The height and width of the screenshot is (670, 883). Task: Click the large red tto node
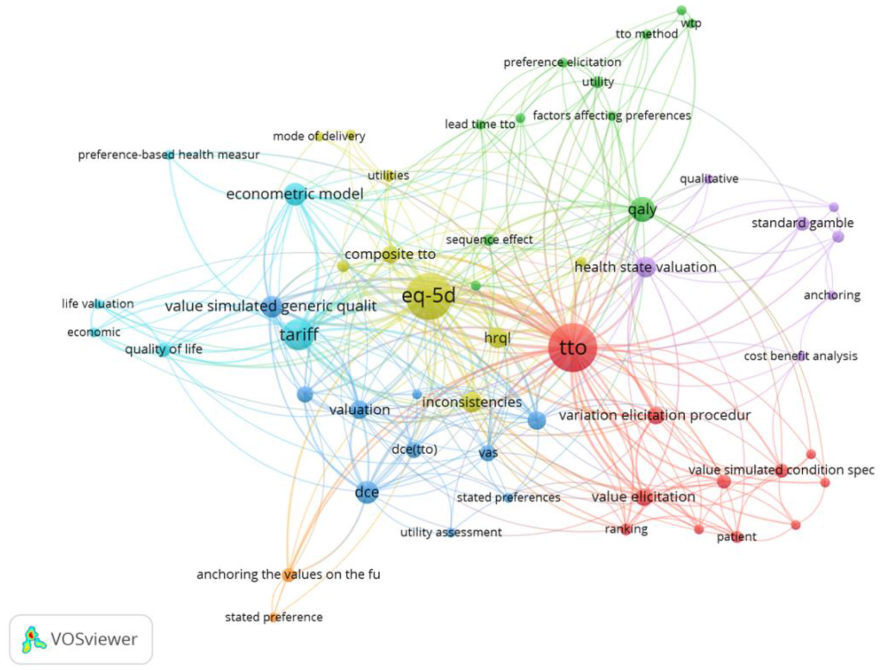coord(573,347)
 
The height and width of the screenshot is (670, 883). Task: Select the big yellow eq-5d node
coord(429,296)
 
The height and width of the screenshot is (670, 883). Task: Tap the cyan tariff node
coord(298,335)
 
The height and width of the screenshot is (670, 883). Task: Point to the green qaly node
coord(642,210)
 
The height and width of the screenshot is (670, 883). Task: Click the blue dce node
coord(367,493)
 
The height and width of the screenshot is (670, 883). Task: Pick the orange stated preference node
coord(273,617)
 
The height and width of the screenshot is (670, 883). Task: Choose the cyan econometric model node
coord(295,194)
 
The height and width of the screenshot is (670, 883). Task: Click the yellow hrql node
coord(497,338)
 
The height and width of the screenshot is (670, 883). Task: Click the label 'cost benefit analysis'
coord(800,356)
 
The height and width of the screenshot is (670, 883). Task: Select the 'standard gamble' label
coord(802,223)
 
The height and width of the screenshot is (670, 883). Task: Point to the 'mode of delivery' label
coord(319,136)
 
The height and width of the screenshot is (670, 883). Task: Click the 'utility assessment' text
coord(451,532)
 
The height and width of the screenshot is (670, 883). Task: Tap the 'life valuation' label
coord(98,304)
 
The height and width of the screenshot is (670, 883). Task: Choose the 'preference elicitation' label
coord(562,62)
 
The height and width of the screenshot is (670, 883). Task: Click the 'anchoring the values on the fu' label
coord(288,574)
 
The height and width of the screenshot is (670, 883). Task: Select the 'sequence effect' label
coord(489,240)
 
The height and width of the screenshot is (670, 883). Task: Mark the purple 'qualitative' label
coord(709,179)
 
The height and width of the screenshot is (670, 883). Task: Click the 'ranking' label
coord(626,529)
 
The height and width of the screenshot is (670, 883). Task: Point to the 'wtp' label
coord(691,23)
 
